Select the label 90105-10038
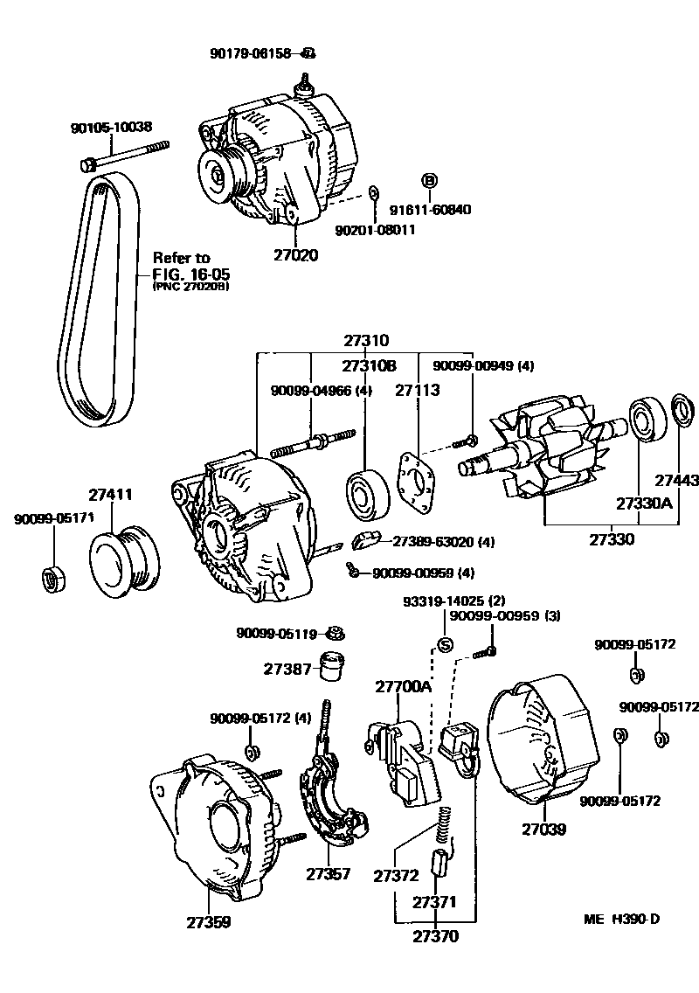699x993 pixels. pyautogui.click(x=111, y=128)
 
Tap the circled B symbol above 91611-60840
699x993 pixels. pyautogui.click(x=429, y=181)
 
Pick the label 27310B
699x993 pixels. pyautogui.click(x=369, y=365)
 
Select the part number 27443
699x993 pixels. pyautogui.click(x=677, y=480)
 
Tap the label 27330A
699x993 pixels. pyautogui.click(x=644, y=504)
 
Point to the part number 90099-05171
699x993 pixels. pyautogui.click(x=47, y=519)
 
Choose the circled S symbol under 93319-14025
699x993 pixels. pyautogui.click(x=444, y=646)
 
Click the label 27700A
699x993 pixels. pyautogui.click(x=404, y=686)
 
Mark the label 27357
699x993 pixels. pyautogui.click(x=328, y=872)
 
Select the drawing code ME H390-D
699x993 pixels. pyautogui.click(x=622, y=920)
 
